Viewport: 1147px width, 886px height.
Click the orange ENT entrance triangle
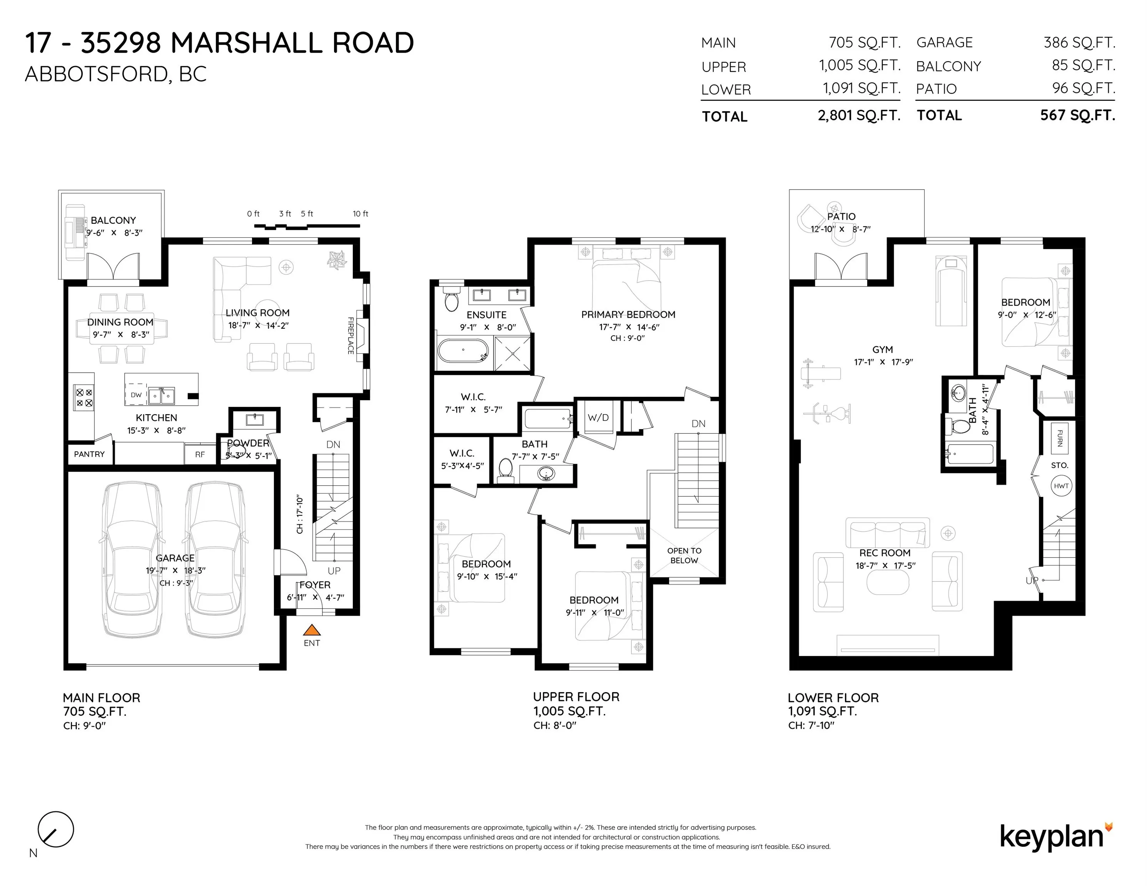(x=312, y=630)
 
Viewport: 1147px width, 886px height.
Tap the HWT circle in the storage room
(x=1061, y=486)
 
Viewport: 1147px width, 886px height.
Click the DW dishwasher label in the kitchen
(x=136, y=395)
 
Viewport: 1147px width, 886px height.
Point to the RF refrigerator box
(x=200, y=455)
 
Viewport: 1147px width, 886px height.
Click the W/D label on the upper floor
(x=598, y=417)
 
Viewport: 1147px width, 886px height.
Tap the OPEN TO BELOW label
(x=684, y=555)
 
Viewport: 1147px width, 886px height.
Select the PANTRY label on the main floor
(x=89, y=454)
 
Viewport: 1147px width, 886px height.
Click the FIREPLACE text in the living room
(x=350, y=335)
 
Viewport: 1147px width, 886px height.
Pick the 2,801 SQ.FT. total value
(x=859, y=115)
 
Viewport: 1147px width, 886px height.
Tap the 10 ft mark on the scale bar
(x=360, y=214)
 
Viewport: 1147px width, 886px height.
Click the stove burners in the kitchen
(x=84, y=397)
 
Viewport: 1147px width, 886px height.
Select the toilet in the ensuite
(x=451, y=299)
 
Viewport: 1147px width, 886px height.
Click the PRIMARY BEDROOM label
(x=628, y=315)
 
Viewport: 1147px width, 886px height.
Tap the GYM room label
(x=882, y=350)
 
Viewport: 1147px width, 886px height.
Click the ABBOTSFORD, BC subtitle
(x=115, y=75)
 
